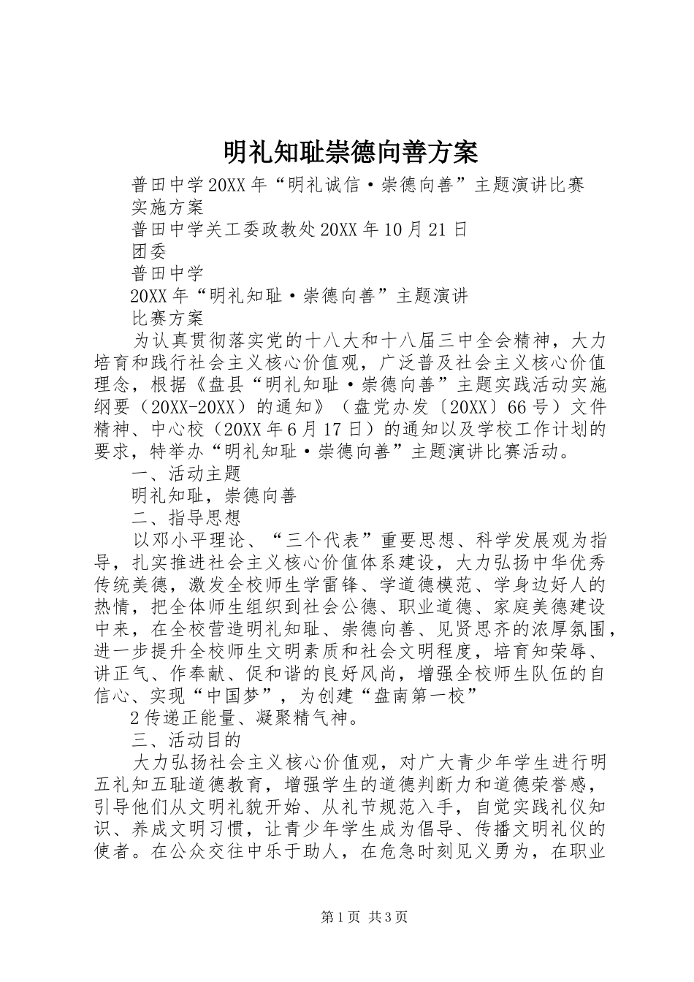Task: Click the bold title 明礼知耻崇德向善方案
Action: pyautogui.click(x=350, y=153)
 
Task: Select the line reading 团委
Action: pyautogui.click(x=149, y=251)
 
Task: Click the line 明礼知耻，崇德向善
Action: pyautogui.click(x=213, y=496)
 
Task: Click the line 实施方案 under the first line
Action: pyautogui.click(x=167, y=208)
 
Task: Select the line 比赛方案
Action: pyautogui.click(x=167, y=319)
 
